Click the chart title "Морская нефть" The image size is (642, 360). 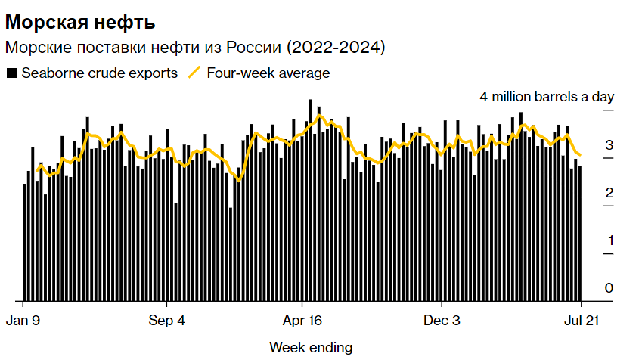tap(80, 20)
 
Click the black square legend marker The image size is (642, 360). tap(11, 73)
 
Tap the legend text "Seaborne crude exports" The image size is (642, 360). tap(99, 73)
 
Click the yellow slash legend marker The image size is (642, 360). tap(194, 73)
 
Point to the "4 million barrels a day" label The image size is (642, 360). tap(547, 97)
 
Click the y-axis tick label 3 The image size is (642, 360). tap(609, 145)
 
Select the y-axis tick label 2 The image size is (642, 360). tap(609, 193)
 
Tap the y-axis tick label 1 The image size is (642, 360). tap(609, 241)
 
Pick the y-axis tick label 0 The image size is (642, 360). tap(609, 288)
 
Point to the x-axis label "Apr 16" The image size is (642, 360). tap(302, 320)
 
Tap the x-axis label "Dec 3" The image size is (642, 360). tap(440, 320)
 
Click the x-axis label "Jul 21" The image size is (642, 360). tap(578, 320)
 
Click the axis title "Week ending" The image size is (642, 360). tap(311, 347)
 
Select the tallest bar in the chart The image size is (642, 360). tap(310, 200)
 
